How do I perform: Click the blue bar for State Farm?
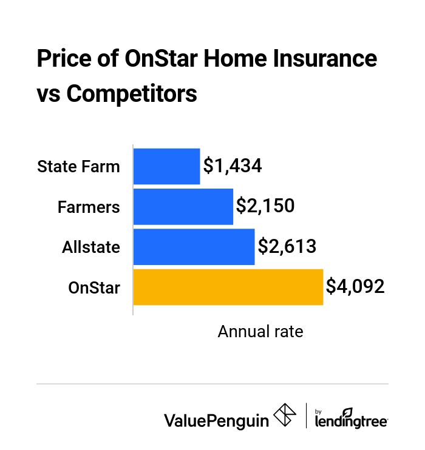(x=166, y=166)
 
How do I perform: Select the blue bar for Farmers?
(x=183, y=207)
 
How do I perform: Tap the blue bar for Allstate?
(x=194, y=247)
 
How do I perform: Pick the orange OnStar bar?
(x=228, y=287)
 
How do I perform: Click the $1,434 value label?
(x=233, y=166)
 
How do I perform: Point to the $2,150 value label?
(x=265, y=206)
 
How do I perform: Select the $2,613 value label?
(x=287, y=246)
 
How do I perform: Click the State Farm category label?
(x=78, y=166)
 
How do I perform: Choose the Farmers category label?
(x=89, y=207)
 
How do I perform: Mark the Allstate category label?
(x=91, y=247)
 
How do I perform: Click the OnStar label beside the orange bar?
(x=94, y=287)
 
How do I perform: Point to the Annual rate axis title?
(x=260, y=332)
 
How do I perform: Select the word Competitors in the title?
(x=132, y=94)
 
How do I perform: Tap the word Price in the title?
(x=63, y=59)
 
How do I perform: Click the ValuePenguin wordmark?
(x=216, y=420)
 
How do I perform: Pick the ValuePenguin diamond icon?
(x=285, y=416)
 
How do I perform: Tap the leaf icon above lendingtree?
(x=347, y=411)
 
